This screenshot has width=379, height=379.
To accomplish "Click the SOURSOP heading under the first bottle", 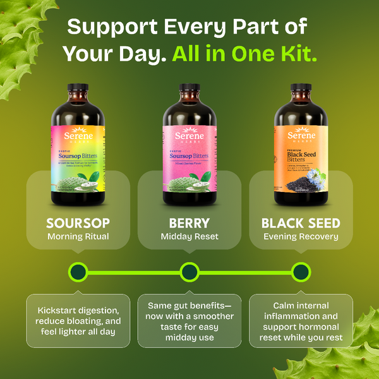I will (x=78, y=223).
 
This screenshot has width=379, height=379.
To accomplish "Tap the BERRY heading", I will (x=189, y=223).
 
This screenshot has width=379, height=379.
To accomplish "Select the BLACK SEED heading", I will (x=301, y=223).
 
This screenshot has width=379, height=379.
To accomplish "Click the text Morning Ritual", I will (x=78, y=237).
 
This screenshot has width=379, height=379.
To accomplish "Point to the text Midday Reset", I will (x=189, y=237).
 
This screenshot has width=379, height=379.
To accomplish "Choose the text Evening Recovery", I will (x=301, y=237).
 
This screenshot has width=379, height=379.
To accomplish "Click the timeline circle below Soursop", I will (x=78, y=272).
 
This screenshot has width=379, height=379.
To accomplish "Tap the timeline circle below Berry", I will (x=189, y=272).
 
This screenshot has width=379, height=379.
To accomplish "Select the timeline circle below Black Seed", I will (x=301, y=272).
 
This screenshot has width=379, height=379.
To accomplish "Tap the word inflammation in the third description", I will (x=301, y=316).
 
